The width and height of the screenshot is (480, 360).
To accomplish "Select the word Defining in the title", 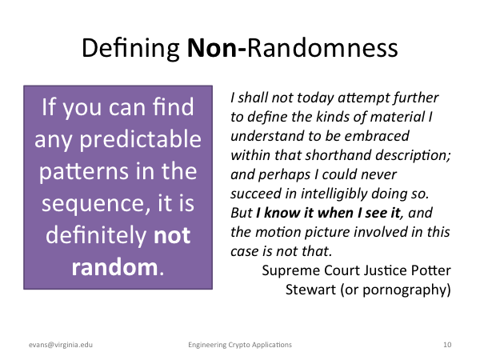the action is [130, 49].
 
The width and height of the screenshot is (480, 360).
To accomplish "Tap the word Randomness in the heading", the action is [322, 48].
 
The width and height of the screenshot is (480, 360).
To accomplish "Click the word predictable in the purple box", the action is [140, 140].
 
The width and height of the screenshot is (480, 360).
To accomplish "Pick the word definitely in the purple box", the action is [96, 236].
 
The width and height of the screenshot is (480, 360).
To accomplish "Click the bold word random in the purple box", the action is [114, 267].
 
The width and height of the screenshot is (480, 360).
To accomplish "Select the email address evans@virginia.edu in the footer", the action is [61, 345].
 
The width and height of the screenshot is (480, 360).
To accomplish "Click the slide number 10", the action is [447, 345].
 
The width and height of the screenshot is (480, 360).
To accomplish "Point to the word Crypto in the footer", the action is [239, 345].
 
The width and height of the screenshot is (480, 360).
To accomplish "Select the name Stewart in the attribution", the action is [310, 290].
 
